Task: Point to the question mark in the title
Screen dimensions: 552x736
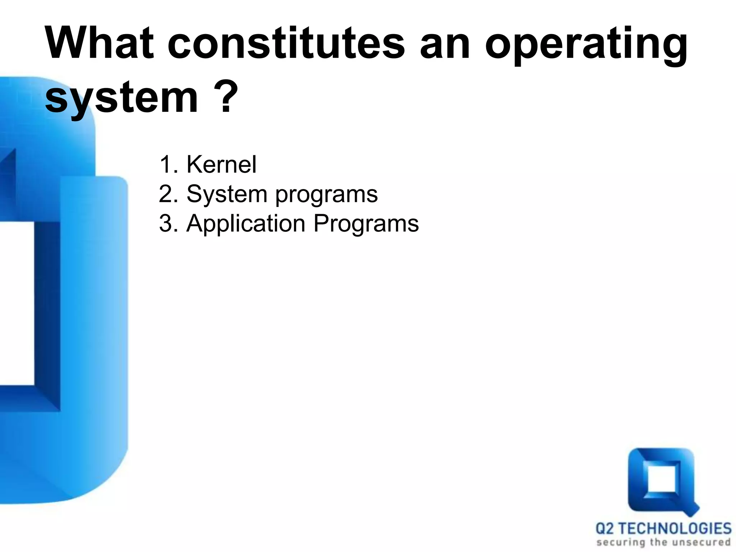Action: tap(226, 96)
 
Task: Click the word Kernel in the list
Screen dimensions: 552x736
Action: tap(221, 165)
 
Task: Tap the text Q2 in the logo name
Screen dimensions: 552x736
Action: tap(605, 529)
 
